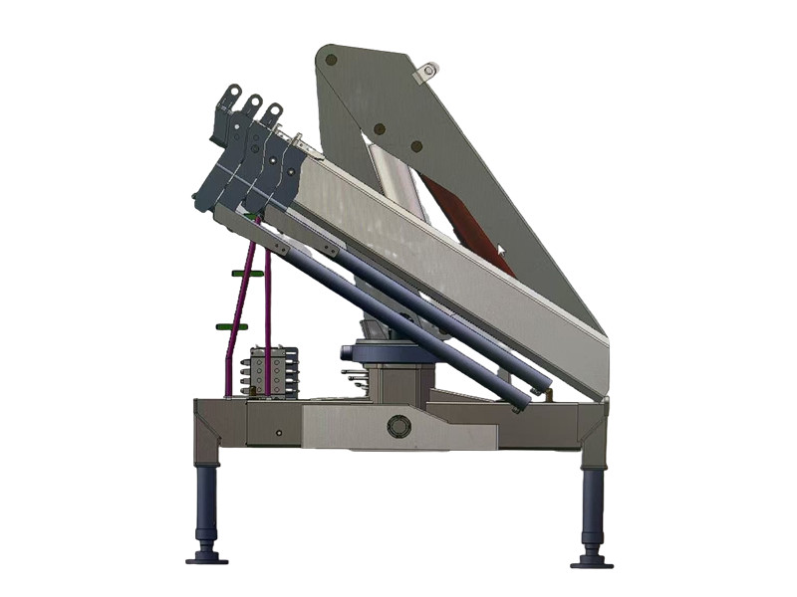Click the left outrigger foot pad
coord(206,557)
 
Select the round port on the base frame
coord(398,426)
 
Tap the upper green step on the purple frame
coord(247,273)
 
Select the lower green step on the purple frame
coord(231,325)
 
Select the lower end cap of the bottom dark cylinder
coord(521,404)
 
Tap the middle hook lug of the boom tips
coord(253,103)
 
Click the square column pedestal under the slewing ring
coord(398,382)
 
